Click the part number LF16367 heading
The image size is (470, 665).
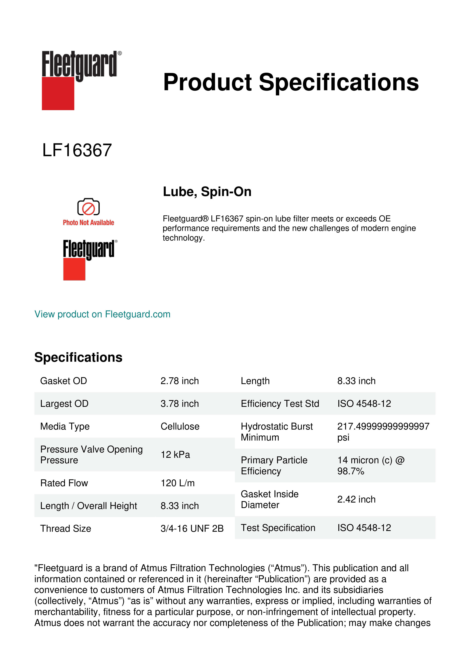tap(77, 150)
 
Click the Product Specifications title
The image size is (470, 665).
tap(291, 82)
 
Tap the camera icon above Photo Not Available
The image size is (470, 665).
tap(88, 207)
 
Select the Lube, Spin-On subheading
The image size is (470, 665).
tap(207, 192)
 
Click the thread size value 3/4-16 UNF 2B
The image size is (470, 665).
tap(192, 528)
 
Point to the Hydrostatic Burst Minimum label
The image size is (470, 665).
tap(276, 432)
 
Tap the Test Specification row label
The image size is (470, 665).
tap(278, 528)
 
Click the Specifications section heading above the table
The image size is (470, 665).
tap(78, 357)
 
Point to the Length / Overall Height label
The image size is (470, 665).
tap(88, 506)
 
